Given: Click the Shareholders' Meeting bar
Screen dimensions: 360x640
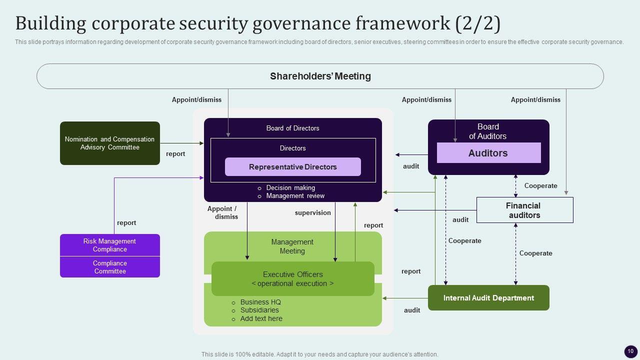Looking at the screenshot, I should [320, 76].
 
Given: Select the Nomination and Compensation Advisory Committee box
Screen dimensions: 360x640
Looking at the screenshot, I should [110, 143].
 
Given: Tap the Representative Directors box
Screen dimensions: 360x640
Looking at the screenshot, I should [293, 167].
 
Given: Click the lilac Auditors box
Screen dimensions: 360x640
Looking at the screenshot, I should [488, 153].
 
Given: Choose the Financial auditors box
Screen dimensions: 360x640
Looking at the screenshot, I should [524, 210].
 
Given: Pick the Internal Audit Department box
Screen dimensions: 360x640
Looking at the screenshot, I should [488, 298].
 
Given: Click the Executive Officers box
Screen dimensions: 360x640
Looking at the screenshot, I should [293, 279].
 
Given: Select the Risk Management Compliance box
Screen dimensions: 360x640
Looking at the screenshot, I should [110, 245].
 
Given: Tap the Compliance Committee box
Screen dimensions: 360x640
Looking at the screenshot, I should [110, 267].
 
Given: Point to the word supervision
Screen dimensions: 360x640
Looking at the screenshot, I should [313, 213].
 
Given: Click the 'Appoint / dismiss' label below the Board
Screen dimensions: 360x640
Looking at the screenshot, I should [222, 213].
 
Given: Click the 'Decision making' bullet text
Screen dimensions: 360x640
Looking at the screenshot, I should [290, 188].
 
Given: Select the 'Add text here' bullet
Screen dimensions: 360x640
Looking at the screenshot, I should [261, 318].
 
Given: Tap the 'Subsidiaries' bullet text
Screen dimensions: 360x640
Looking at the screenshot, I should [259, 310].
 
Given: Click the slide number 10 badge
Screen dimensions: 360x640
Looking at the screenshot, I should [630, 351].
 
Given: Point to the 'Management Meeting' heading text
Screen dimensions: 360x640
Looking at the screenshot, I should [292, 246].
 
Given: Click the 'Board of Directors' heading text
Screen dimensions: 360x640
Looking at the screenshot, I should [292, 128].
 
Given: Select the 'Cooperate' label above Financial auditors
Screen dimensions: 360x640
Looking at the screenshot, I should [540, 186].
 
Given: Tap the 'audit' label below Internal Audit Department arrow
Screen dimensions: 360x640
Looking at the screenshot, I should [412, 310].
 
